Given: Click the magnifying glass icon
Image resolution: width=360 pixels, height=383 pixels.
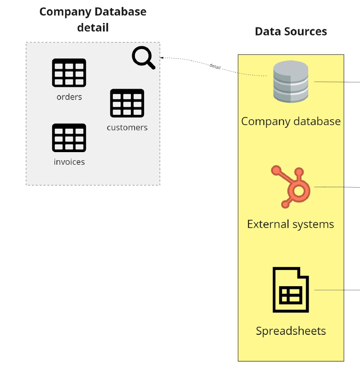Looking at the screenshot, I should (143, 58).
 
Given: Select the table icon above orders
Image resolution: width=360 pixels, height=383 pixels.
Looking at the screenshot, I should (69, 72).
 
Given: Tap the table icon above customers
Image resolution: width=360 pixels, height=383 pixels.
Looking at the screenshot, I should (127, 103).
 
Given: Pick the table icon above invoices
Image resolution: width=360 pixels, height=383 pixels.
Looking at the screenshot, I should (69, 138).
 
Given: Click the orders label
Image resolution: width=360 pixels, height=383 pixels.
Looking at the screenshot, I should (69, 97).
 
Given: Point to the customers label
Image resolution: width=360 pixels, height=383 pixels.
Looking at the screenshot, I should (127, 127).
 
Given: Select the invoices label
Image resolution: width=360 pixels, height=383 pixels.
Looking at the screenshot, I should (69, 162).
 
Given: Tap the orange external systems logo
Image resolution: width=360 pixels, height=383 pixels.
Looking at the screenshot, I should (291, 187).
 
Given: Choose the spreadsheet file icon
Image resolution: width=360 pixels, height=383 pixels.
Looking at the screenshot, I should (291, 290).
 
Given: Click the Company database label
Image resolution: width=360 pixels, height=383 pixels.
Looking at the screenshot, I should (291, 121).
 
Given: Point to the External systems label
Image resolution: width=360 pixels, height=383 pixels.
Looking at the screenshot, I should (291, 224).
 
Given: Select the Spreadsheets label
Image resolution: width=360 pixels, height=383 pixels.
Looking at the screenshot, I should (291, 331).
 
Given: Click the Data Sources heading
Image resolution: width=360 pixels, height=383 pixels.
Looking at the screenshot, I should (291, 32).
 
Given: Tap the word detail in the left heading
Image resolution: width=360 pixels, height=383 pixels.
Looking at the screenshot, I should (93, 27).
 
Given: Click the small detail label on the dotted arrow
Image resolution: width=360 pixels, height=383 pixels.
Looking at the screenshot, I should (215, 66).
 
